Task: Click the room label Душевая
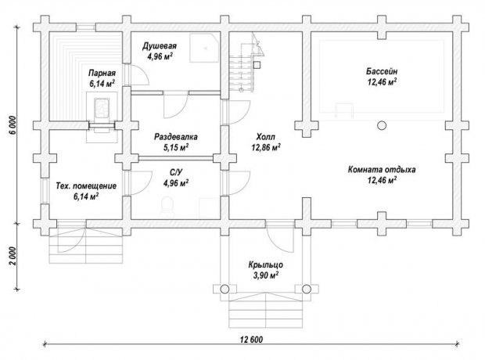click(x=160, y=46)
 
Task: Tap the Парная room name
click(x=102, y=74)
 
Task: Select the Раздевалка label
click(x=176, y=137)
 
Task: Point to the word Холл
click(x=265, y=137)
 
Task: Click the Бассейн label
click(x=382, y=71)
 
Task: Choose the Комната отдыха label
click(x=382, y=170)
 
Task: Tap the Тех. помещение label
click(x=86, y=186)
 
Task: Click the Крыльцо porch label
click(x=266, y=265)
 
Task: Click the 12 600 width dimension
click(x=251, y=340)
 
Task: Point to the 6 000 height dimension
click(x=12, y=126)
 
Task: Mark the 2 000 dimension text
click(x=12, y=257)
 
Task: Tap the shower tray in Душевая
click(x=204, y=48)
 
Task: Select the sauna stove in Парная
click(x=102, y=108)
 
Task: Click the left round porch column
click(x=225, y=289)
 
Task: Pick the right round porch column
click(x=307, y=289)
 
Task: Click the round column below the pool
click(x=382, y=125)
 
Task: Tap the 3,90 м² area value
click(x=266, y=275)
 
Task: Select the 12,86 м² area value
click(x=266, y=148)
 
